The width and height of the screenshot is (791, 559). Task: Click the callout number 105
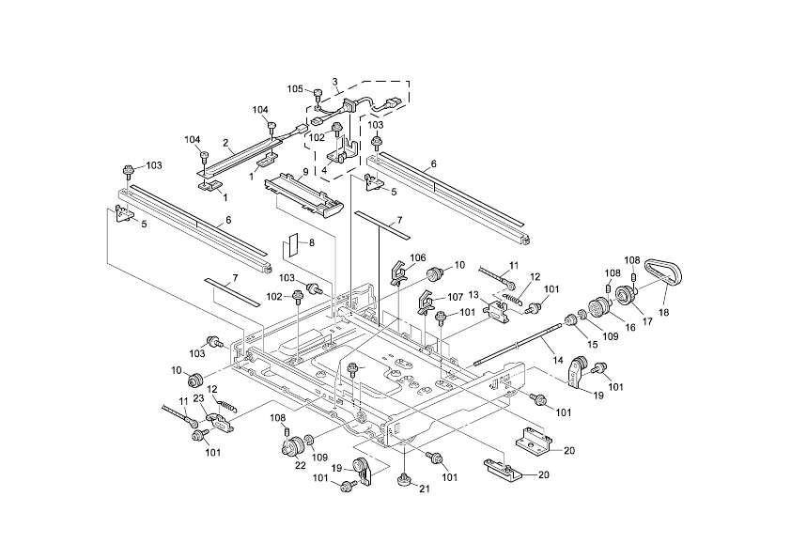click(295, 89)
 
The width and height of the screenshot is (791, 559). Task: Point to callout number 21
click(423, 490)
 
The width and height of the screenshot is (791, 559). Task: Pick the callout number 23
click(199, 399)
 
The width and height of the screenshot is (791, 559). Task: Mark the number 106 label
click(418, 257)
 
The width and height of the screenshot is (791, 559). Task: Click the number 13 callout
click(474, 295)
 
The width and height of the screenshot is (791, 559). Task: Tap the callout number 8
click(311, 243)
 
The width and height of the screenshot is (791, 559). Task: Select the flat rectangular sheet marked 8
click(292, 246)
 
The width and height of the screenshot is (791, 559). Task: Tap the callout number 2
click(225, 143)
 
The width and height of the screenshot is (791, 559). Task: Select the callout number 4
click(325, 170)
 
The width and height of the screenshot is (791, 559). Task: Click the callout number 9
click(304, 172)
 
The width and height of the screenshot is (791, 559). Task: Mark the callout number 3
click(335, 81)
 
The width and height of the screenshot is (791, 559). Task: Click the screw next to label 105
click(317, 92)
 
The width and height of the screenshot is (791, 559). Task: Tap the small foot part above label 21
click(401, 479)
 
